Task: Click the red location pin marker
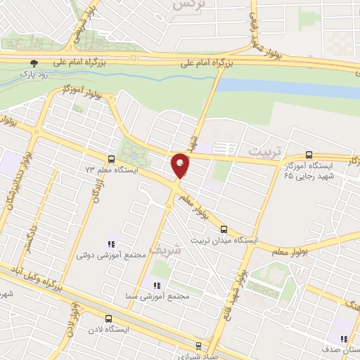(181, 165)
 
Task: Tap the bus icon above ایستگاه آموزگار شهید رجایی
(310, 155)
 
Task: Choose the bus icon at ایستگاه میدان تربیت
(224, 229)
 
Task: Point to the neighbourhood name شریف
(186, 248)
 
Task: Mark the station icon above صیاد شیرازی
(199, 346)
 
